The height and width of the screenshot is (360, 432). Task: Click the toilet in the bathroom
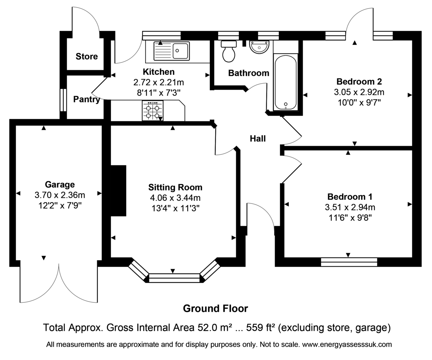229,51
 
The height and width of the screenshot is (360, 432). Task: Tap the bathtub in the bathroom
285,82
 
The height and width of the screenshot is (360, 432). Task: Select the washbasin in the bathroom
259,47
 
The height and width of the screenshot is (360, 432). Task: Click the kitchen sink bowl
180,51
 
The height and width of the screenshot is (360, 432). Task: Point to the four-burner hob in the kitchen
153,111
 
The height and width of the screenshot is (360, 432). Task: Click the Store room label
87,56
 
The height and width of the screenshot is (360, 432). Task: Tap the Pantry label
87,99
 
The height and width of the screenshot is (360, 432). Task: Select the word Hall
258,139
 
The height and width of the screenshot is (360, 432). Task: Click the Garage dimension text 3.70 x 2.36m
60,195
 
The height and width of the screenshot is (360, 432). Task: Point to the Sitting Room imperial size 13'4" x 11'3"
175,208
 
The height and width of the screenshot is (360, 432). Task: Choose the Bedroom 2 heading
359,81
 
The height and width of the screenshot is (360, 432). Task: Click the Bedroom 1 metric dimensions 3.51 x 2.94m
350,207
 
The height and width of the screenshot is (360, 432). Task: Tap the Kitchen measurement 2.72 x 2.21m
159,82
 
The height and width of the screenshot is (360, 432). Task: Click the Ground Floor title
216,309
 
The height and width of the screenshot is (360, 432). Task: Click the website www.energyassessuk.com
347,345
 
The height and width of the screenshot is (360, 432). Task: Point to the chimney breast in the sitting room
118,191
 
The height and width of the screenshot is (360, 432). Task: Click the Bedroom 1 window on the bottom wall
349,262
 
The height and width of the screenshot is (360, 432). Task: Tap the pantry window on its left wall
63,100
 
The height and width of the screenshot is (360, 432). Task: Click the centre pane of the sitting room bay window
174,278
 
